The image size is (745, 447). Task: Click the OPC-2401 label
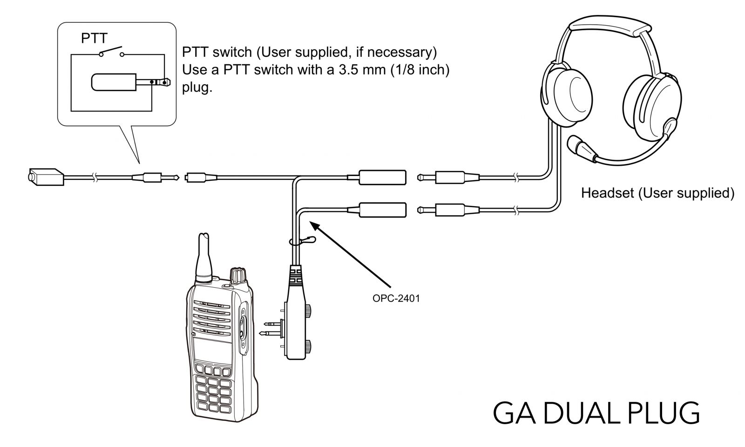coord(396,298)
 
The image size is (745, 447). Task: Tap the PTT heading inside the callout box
coord(94,38)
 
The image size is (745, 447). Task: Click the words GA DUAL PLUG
coord(596,413)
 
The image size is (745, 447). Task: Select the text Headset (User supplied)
coord(657,193)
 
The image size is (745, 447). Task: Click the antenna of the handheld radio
coord(203,258)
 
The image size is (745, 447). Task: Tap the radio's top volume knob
coord(238,274)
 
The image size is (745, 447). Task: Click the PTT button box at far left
coord(46,177)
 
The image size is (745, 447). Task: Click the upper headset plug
coord(448,177)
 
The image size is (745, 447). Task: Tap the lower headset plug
coord(448,210)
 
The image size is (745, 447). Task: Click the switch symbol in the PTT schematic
coord(112,52)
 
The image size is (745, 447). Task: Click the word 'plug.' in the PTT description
coord(197,88)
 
